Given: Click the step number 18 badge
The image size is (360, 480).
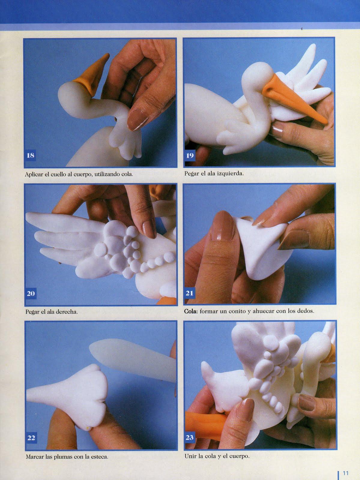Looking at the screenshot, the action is [x=30, y=155].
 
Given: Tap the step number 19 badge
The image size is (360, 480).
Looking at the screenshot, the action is [x=190, y=155].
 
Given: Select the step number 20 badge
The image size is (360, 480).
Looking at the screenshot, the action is [x=31, y=293].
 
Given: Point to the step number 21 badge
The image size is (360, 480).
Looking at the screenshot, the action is [x=189, y=293].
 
